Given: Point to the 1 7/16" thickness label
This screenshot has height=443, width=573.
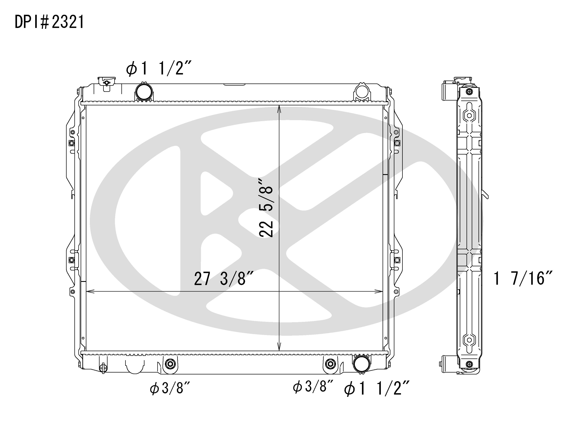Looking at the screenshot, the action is [523, 278].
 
